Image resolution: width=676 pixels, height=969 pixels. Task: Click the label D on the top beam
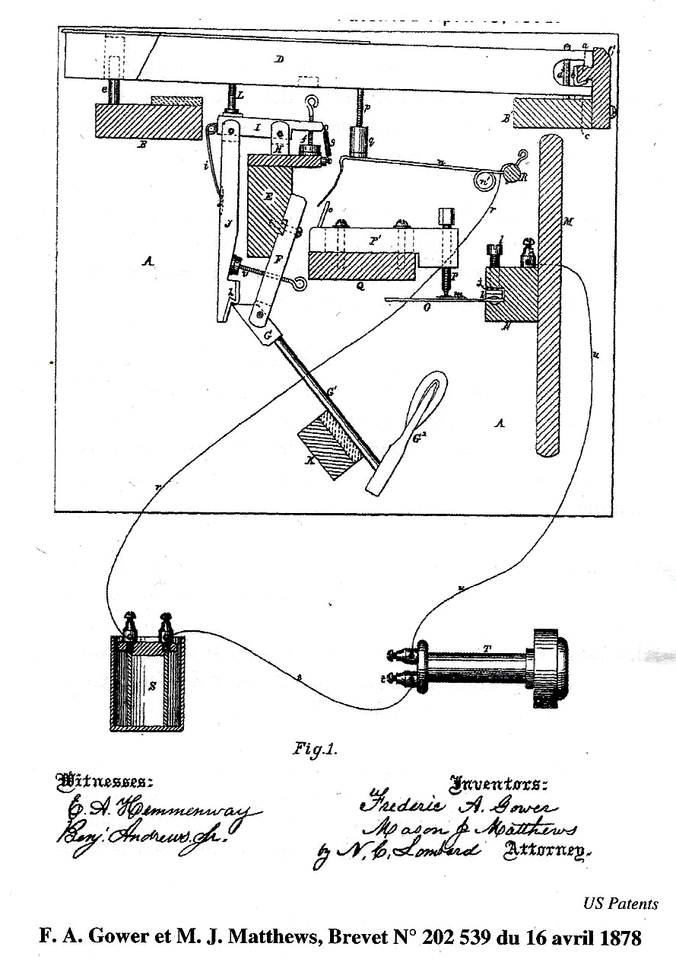click(279, 59)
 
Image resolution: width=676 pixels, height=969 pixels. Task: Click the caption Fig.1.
click(315, 748)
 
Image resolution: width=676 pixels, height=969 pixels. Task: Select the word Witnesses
click(105, 781)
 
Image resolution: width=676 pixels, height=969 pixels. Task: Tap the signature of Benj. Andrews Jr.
click(141, 833)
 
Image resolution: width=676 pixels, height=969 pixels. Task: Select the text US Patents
click(620, 904)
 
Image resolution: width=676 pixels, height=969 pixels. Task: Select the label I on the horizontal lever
click(258, 129)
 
